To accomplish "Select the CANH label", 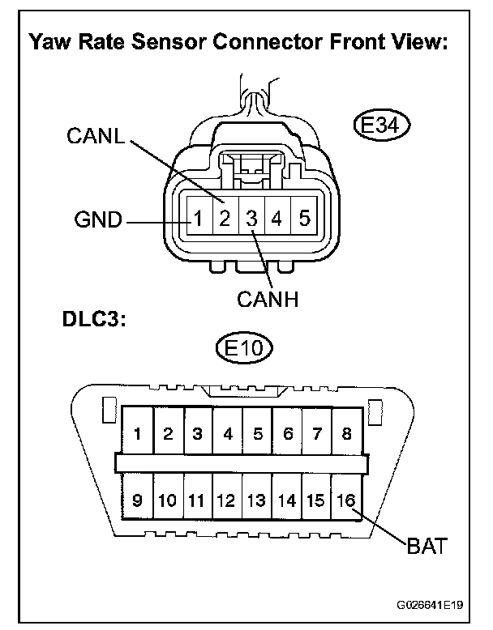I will (x=268, y=299).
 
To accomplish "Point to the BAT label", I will (x=426, y=547).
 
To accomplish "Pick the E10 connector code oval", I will (x=245, y=350).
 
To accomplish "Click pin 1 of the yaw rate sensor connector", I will (x=197, y=218).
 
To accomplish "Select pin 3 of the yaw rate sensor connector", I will (x=251, y=218).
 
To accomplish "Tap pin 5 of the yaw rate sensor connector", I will (x=304, y=218).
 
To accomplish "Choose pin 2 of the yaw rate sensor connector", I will (x=225, y=218).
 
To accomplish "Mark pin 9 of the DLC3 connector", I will (x=137, y=500).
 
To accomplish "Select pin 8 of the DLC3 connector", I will (x=347, y=434).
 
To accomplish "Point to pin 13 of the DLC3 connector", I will (x=257, y=500).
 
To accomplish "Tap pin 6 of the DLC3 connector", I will (x=288, y=434).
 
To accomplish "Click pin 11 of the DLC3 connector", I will (x=197, y=500).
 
